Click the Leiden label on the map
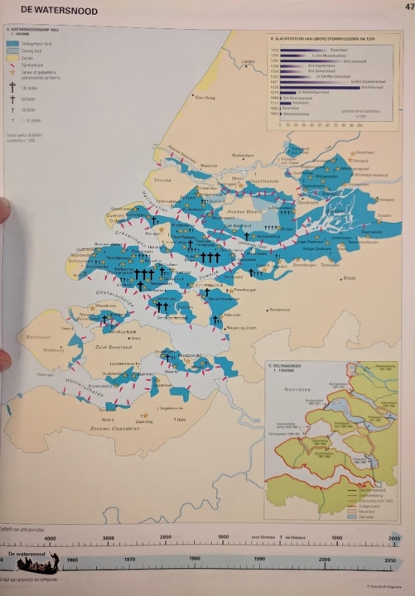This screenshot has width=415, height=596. coord(246,62)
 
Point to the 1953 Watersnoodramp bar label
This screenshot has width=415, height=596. coord(295,115)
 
